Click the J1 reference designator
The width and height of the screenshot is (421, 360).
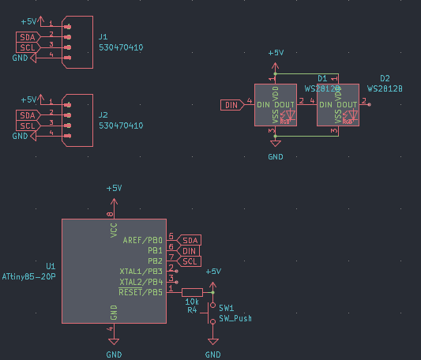point(103,36)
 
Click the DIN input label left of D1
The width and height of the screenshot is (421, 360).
point(231,104)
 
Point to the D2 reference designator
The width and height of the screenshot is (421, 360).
point(385,79)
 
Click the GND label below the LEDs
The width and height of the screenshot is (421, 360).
point(275,157)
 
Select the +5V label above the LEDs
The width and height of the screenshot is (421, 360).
point(275,53)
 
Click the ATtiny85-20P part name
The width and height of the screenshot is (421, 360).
point(28,277)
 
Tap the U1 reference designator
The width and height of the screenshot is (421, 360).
point(51,267)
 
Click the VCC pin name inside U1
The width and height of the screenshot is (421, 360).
point(114,231)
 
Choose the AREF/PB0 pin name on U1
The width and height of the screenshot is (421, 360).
point(143,240)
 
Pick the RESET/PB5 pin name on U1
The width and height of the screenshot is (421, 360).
point(141,292)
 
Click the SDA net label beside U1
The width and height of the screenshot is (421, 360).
point(190,240)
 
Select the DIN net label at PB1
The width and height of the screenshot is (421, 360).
point(189,250)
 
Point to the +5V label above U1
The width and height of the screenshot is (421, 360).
point(114,189)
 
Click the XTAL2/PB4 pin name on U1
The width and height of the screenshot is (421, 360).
point(141,282)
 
